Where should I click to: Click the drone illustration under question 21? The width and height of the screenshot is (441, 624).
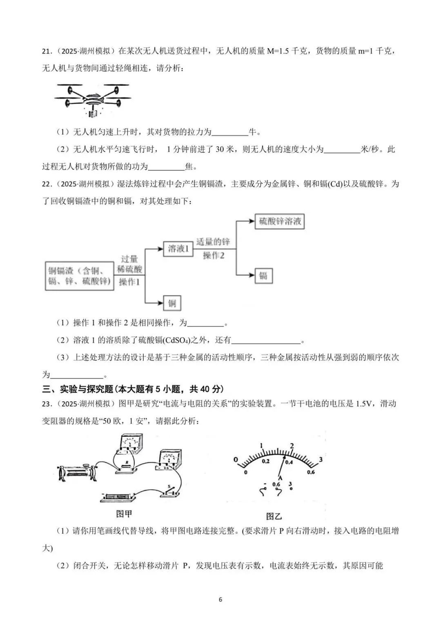coord(93,99)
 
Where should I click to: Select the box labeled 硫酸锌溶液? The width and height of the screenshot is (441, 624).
coord(280,221)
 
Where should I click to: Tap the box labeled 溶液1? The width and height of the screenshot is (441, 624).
coord(178,248)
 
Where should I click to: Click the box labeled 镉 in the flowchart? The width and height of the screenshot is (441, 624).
coord(263,275)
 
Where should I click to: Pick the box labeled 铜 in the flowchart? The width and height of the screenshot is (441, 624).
coord(172,303)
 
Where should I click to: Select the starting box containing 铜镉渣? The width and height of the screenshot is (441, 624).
coord(79,276)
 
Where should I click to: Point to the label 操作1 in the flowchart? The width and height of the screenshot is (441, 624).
coord(129,282)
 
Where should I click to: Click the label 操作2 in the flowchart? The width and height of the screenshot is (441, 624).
coord(214,255)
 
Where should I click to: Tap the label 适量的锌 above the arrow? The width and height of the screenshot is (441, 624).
coord(213,242)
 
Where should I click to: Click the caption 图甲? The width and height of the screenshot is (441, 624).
coord(124,514)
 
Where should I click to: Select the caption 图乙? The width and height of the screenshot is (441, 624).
coord(274,516)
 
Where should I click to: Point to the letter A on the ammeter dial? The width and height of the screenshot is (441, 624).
coord(280,477)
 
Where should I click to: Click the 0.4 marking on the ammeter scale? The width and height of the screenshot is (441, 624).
coord(289,462)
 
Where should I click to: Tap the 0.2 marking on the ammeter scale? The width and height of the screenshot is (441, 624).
coord(266,461)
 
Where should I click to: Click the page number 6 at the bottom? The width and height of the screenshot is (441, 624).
coord(220,600)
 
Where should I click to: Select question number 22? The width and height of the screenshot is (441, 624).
coord(48,184)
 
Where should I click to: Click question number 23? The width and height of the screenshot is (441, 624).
coord(48,404)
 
